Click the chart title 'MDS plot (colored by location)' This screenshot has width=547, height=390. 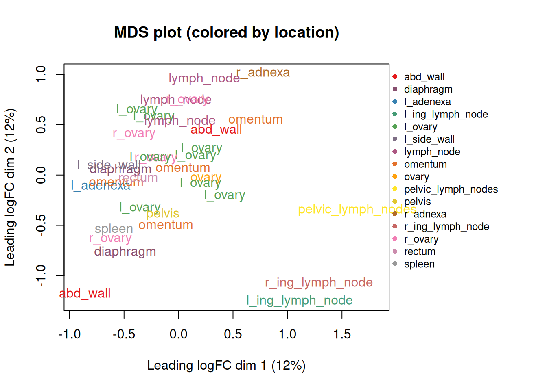(x=226, y=32)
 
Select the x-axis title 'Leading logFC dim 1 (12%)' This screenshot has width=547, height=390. (x=226, y=365)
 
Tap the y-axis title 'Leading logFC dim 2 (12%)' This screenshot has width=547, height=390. (x=10, y=187)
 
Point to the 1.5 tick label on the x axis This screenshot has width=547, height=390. (x=342, y=334)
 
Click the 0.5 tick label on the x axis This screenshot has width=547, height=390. (x=233, y=334)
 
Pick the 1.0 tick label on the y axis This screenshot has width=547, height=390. (x=41, y=74)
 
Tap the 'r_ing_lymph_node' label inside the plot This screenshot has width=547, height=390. (x=319, y=282)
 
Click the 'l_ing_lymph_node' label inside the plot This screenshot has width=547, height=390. (x=300, y=301)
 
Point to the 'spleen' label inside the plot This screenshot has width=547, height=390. (x=114, y=229)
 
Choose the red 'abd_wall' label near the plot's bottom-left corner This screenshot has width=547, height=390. (x=85, y=293)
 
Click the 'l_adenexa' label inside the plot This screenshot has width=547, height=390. (x=101, y=186)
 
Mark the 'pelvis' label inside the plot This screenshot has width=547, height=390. (x=163, y=213)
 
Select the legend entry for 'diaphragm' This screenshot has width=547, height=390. (x=428, y=89)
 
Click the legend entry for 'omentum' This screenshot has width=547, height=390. (x=425, y=164)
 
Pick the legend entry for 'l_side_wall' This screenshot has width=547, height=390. (x=429, y=139)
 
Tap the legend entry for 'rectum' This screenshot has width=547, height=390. (x=420, y=251)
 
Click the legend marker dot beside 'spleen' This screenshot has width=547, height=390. (x=395, y=264)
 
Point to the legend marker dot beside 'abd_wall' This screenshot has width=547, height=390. (x=395, y=77)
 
